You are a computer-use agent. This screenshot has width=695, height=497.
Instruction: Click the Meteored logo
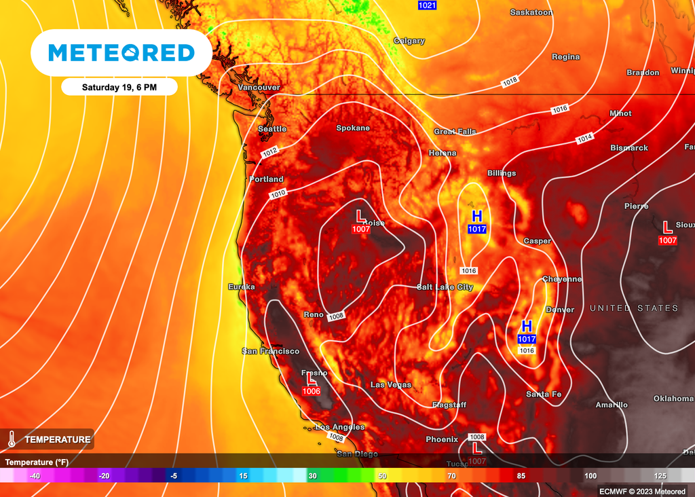[x=121, y=53]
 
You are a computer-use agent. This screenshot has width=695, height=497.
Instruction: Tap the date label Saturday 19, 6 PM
[x=119, y=87]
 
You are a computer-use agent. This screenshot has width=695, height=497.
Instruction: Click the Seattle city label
[x=272, y=129]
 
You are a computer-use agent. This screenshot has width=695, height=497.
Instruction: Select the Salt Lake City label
[x=445, y=287]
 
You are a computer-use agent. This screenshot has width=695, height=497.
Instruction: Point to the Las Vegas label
[x=390, y=385]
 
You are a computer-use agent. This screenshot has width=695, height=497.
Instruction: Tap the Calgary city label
[x=409, y=41]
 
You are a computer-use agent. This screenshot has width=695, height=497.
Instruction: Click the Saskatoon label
[x=531, y=12]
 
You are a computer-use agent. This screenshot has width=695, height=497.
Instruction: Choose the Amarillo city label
[x=612, y=405]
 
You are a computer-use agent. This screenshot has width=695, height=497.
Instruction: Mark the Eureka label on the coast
[x=242, y=287]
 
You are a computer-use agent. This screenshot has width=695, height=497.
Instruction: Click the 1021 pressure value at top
[x=427, y=5]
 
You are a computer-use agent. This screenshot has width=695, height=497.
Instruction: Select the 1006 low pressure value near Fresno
[x=312, y=391]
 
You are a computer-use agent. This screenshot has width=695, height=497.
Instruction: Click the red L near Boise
[x=360, y=217]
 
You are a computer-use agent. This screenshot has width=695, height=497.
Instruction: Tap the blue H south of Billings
[x=477, y=217]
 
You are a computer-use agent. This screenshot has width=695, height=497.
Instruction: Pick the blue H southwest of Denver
[x=527, y=326]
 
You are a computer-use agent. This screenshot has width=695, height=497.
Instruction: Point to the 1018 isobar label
[x=510, y=82]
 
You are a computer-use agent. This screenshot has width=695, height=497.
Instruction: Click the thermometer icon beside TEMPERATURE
[x=12, y=439]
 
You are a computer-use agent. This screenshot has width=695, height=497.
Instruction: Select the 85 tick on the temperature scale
[x=521, y=476]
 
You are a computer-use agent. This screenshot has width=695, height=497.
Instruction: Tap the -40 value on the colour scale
[x=35, y=476]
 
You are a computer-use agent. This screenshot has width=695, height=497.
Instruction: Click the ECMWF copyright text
[x=643, y=490]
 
